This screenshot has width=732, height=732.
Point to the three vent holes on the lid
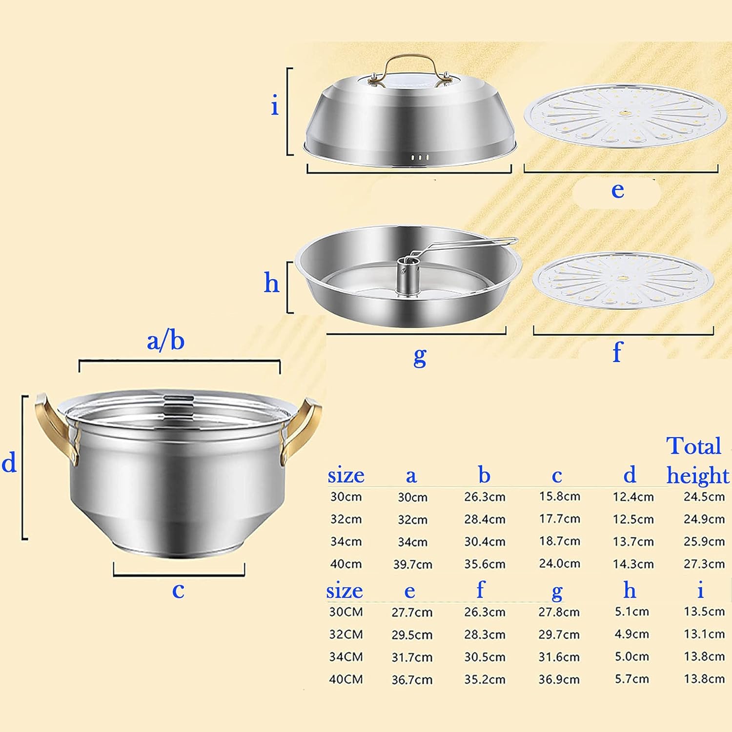click(x=419, y=158)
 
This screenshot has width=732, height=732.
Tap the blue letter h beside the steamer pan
click(x=271, y=283)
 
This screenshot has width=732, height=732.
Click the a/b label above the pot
click(x=165, y=341)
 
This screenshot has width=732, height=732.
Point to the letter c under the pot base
click(x=178, y=590)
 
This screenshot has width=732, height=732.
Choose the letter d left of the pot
click(x=9, y=462)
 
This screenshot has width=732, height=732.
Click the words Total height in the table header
click(x=696, y=460)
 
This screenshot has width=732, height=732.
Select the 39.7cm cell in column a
click(x=413, y=565)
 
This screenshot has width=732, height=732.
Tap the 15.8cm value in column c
click(x=559, y=496)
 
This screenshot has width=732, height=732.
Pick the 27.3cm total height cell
click(x=704, y=564)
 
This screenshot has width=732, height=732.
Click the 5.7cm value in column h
click(x=631, y=679)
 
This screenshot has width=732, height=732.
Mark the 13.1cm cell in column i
click(x=704, y=634)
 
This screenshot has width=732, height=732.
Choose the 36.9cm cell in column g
click(x=559, y=679)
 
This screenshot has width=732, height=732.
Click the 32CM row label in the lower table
click(x=346, y=634)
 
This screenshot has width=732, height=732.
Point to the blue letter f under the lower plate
click(x=617, y=351)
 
